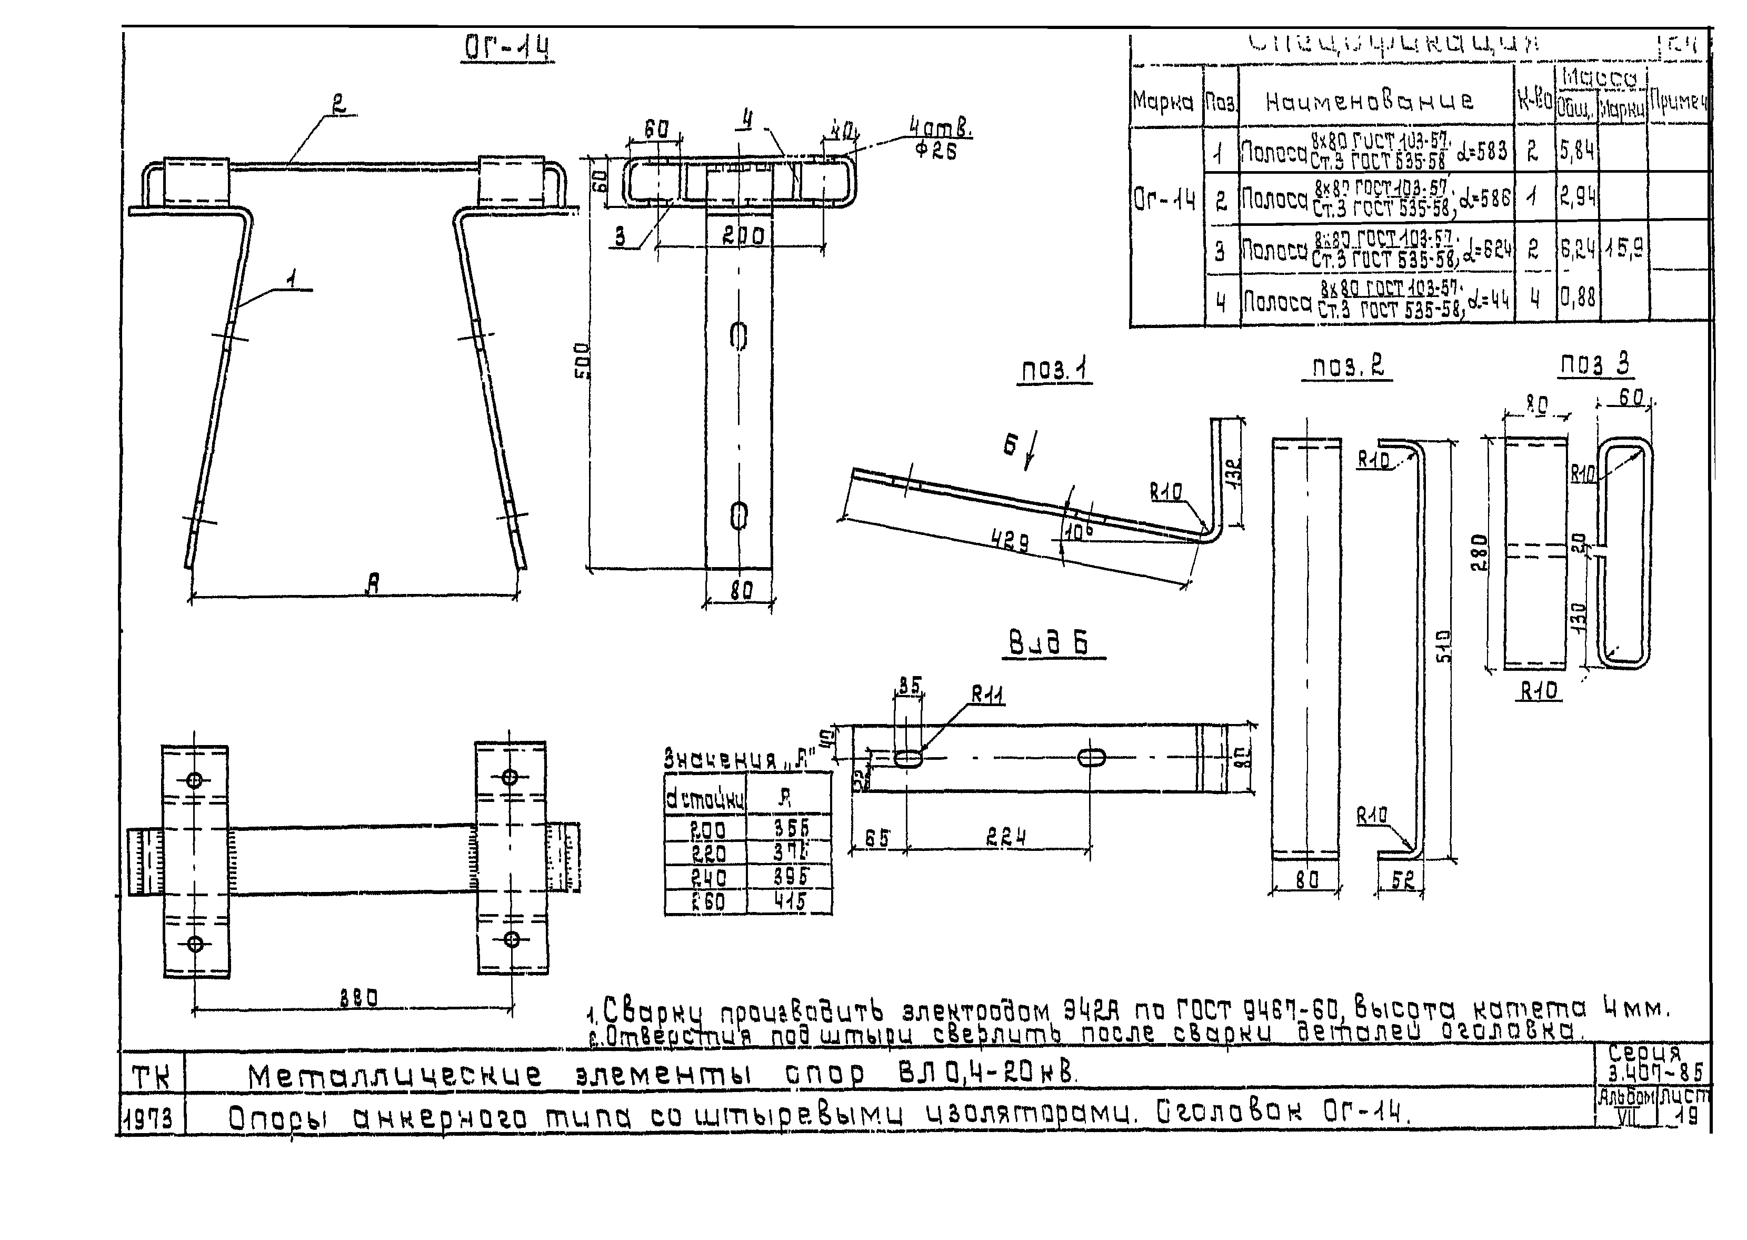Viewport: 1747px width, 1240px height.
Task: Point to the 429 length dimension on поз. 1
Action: [x=1010, y=541]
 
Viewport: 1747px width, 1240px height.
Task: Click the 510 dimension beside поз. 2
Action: [x=1442, y=647]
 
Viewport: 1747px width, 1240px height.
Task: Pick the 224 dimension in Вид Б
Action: [x=1005, y=838]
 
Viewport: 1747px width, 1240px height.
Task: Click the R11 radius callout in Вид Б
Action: [x=987, y=695]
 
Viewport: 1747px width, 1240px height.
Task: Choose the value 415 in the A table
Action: [x=790, y=902]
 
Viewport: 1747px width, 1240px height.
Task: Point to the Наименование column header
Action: [x=1370, y=101]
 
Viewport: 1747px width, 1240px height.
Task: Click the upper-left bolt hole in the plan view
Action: [x=195, y=780]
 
